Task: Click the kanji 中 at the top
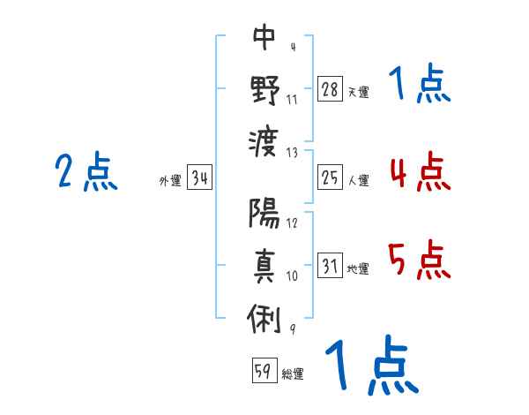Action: pyautogui.click(x=264, y=39)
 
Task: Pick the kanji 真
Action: pyautogui.click(x=264, y=265)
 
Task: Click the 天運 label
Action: pyautogui.click(x=358, y=92)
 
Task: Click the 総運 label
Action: pyautogui.click(x=293, y=374)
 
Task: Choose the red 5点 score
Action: pyautogui.click(x=420, y=260)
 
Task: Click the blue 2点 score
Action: pyautogui.click(x=86, y=171)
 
